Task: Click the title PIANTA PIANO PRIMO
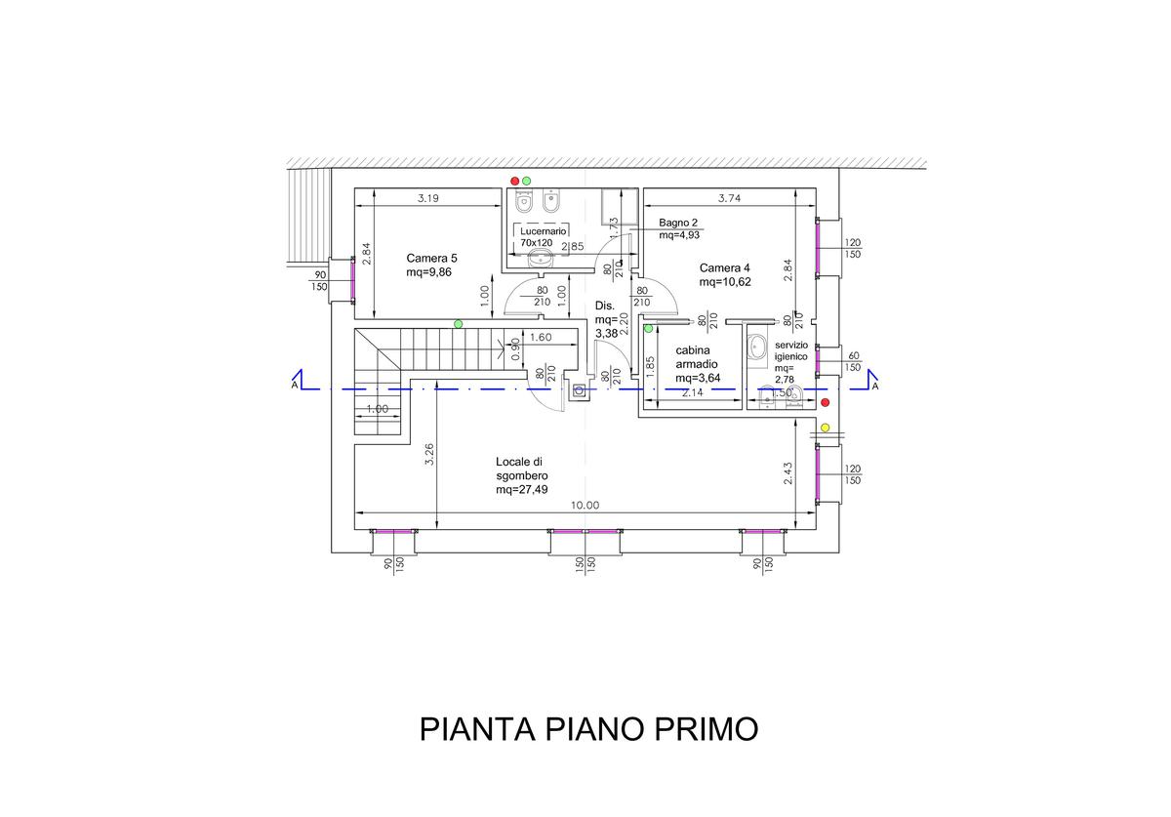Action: coord(588,729)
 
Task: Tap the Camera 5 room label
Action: coord(431,266)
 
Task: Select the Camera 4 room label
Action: coord(724,274)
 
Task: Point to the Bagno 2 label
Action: coord(680,228)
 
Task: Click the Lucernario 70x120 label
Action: coord(537,236)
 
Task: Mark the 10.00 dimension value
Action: coord(585,505)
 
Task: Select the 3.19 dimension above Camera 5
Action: coord(427,198)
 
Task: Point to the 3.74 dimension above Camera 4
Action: coord(729,198)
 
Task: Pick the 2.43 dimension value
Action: coord(788,472)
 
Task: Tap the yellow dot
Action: coord(826,428)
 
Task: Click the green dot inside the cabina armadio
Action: coord(648,329)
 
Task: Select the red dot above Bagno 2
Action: coord(515,181)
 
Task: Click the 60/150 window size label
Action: coord(852,361)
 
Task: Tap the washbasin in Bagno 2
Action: coord(538,260)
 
